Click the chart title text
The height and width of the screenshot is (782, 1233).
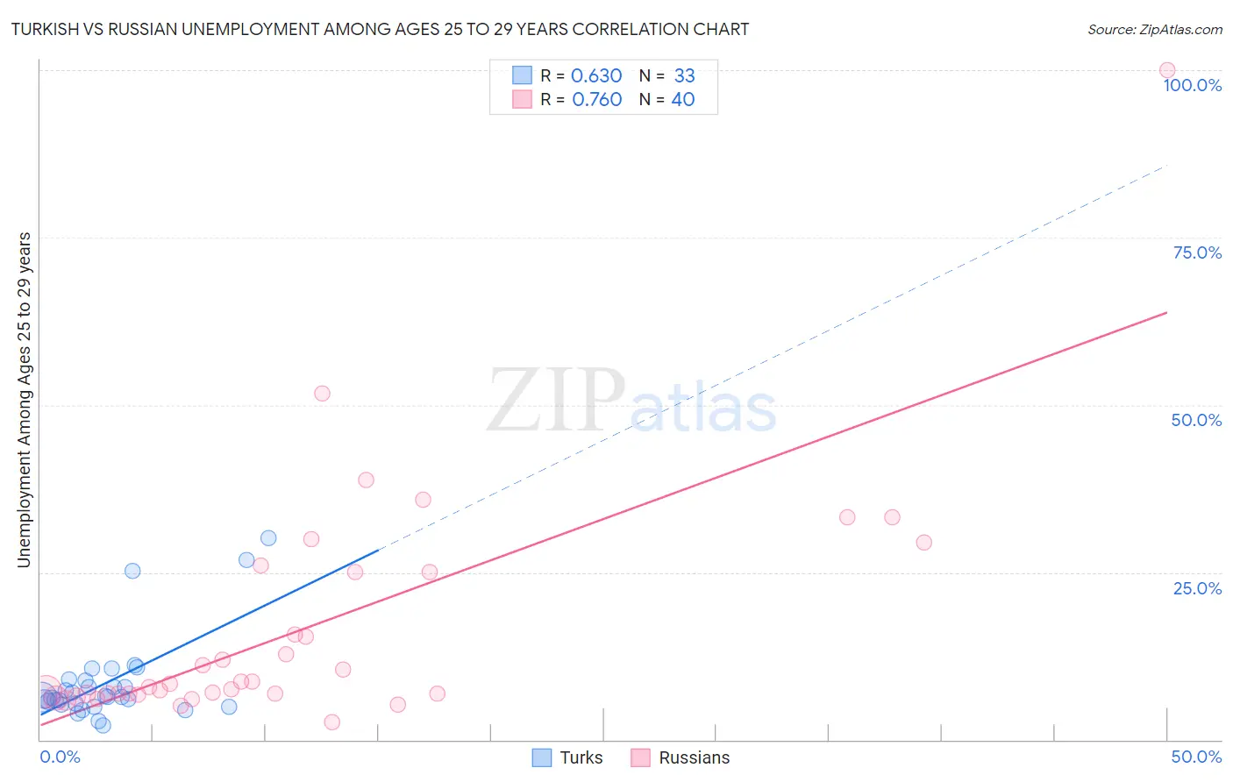(380, 29)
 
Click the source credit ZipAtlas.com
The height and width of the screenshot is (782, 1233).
(1154, 29)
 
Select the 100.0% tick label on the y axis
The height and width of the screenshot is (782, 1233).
(1192, 85)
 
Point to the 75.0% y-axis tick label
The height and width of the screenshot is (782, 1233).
(1197, 252)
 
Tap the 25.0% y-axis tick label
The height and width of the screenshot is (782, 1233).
(1197, 587)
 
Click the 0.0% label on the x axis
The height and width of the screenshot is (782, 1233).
(60, 757)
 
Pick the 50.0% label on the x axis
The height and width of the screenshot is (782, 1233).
(1196, 757)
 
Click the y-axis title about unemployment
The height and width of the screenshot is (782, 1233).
(24, 400)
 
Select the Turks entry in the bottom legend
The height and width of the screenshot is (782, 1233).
(567, 757)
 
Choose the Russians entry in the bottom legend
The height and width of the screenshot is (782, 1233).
(680, 757)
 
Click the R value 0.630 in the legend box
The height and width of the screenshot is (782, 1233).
(596, 75)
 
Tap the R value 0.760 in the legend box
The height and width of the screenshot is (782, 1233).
(596, 99)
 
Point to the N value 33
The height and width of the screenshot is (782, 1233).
(684, 75)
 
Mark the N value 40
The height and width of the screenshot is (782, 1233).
(683, 99)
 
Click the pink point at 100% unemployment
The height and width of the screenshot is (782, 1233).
(1167, 70)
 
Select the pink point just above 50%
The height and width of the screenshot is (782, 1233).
(322, 394)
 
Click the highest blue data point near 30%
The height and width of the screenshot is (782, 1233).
(268, 538)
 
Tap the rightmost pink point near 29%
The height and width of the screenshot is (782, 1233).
(923, 543)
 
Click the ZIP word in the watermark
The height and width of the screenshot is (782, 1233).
(556, 402)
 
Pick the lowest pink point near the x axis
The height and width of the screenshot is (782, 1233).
(331, 722)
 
